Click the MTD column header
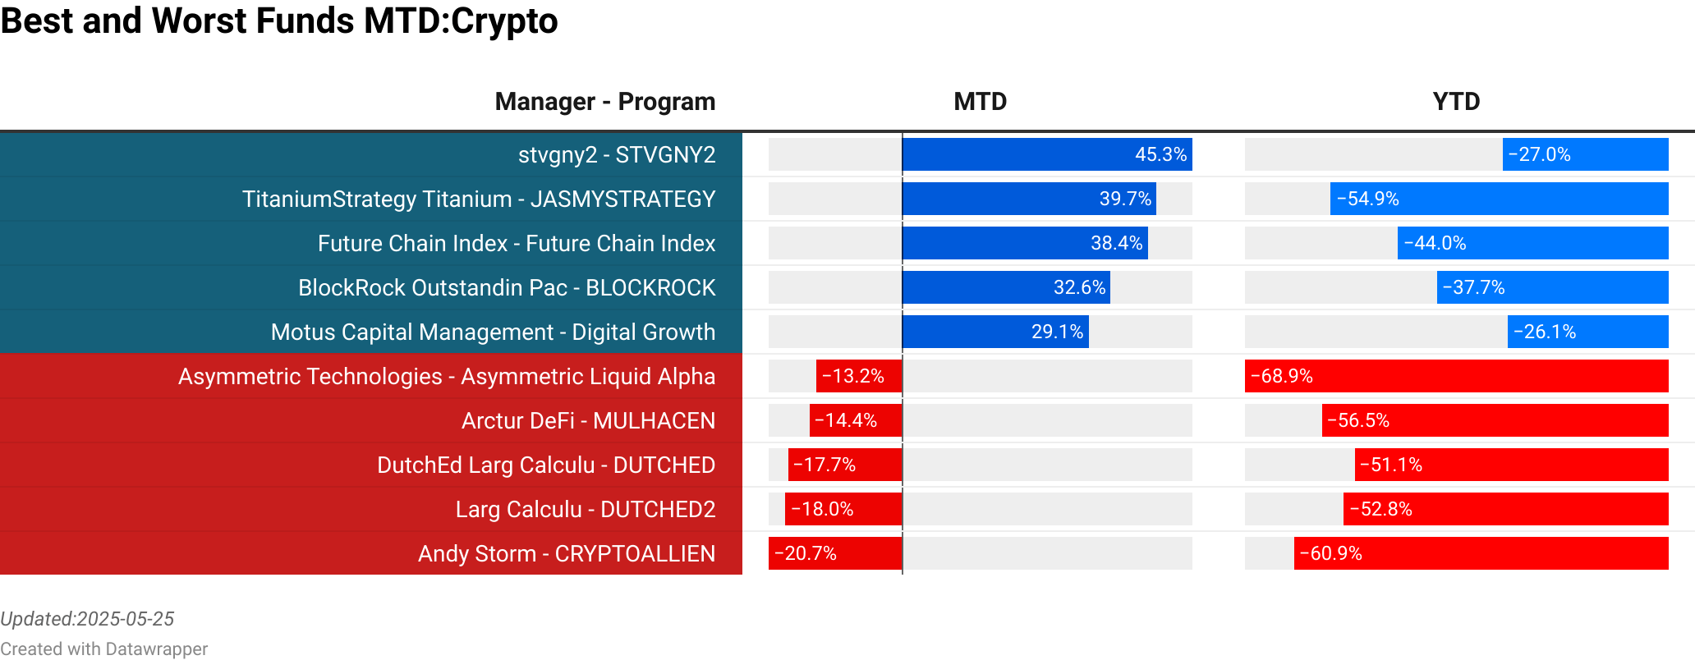[980, 102]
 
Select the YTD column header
[1456, 102]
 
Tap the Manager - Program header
[604, 102]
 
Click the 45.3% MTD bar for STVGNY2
[1047, 154]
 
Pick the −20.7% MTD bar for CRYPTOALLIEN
[835, 553]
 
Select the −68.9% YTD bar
[1456, 376]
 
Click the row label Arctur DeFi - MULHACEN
[588, 420]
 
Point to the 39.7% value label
[1125, 199]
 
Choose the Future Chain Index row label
[517, 243]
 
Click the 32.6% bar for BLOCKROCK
[1006, 287]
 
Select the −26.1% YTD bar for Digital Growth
[1587, 332]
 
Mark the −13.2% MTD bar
[859, 376]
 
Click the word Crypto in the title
[504, 21]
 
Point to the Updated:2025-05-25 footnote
[87, 619]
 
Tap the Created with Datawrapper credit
[103, 649]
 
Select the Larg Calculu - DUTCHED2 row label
[586, 509]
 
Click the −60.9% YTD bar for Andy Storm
[1481, 553]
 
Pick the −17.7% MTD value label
[825, 465]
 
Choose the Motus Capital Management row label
[493, 332]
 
